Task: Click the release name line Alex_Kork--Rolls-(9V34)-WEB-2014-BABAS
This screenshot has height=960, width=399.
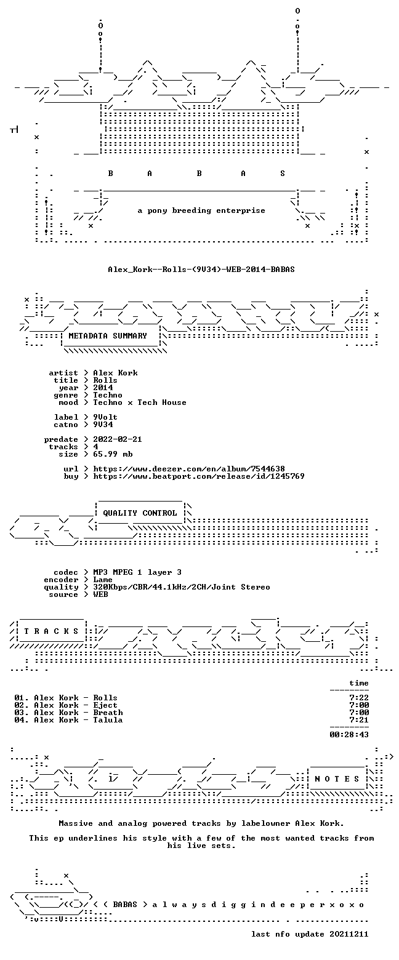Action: tap(201, 270)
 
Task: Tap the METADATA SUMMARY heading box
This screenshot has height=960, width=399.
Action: tap(111, 337)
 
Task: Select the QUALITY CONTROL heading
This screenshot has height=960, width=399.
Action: tap(140, 513)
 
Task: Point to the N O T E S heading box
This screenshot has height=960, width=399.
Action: tap(337, 778)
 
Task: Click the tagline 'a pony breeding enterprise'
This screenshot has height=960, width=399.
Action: tap(201, 210)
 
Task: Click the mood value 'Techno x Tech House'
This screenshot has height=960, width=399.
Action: tap(140, 402)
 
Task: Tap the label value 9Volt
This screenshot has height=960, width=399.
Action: tap(105, 417)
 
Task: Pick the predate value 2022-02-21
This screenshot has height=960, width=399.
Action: tap(118, 439)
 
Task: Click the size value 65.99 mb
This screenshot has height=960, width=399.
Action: tap(113, 454)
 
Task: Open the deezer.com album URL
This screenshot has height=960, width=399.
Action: tap(189, 469)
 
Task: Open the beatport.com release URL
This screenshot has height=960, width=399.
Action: tap(199, 476)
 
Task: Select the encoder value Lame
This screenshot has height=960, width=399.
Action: tap(103, 580)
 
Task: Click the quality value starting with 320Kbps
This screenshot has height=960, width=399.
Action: tap(182, 587)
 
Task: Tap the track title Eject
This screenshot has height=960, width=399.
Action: tap(105, 705)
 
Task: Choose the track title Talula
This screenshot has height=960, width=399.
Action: tap(108, 720)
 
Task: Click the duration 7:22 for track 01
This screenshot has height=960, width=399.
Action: tap(359, 698)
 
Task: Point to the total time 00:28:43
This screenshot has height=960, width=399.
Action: tap(349, 735)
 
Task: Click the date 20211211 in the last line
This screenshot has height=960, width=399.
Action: tap(349, 934)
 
